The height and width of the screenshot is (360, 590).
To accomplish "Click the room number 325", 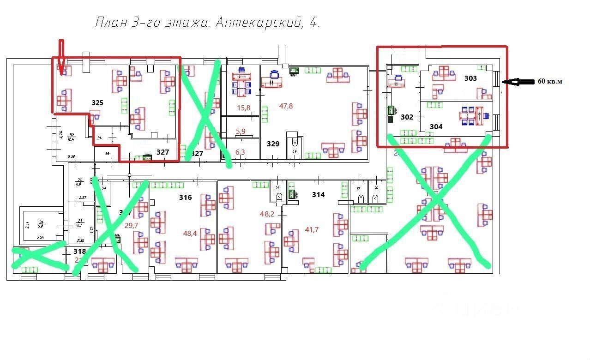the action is point(97,103).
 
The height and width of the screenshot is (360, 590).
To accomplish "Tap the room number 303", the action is point(470,78).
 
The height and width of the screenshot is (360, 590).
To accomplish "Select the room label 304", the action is point(436,126).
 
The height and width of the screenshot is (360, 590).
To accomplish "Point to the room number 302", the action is point(407,117).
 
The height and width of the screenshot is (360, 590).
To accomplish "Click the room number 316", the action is point(185,198).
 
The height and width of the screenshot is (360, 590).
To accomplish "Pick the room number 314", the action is point(318,195).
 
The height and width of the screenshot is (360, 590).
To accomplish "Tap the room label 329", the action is point(273,144).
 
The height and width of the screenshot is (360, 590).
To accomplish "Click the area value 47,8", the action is point(286,106).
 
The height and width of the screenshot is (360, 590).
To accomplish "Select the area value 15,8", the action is point(243,108).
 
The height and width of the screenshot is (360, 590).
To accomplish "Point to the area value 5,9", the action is point(241,132).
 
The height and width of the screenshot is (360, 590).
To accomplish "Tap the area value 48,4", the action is point(190,233).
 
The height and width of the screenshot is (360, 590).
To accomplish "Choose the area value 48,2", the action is point(267,214).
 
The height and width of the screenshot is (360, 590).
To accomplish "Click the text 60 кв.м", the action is point(550,82).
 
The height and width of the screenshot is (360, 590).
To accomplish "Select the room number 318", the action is point(80,252).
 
